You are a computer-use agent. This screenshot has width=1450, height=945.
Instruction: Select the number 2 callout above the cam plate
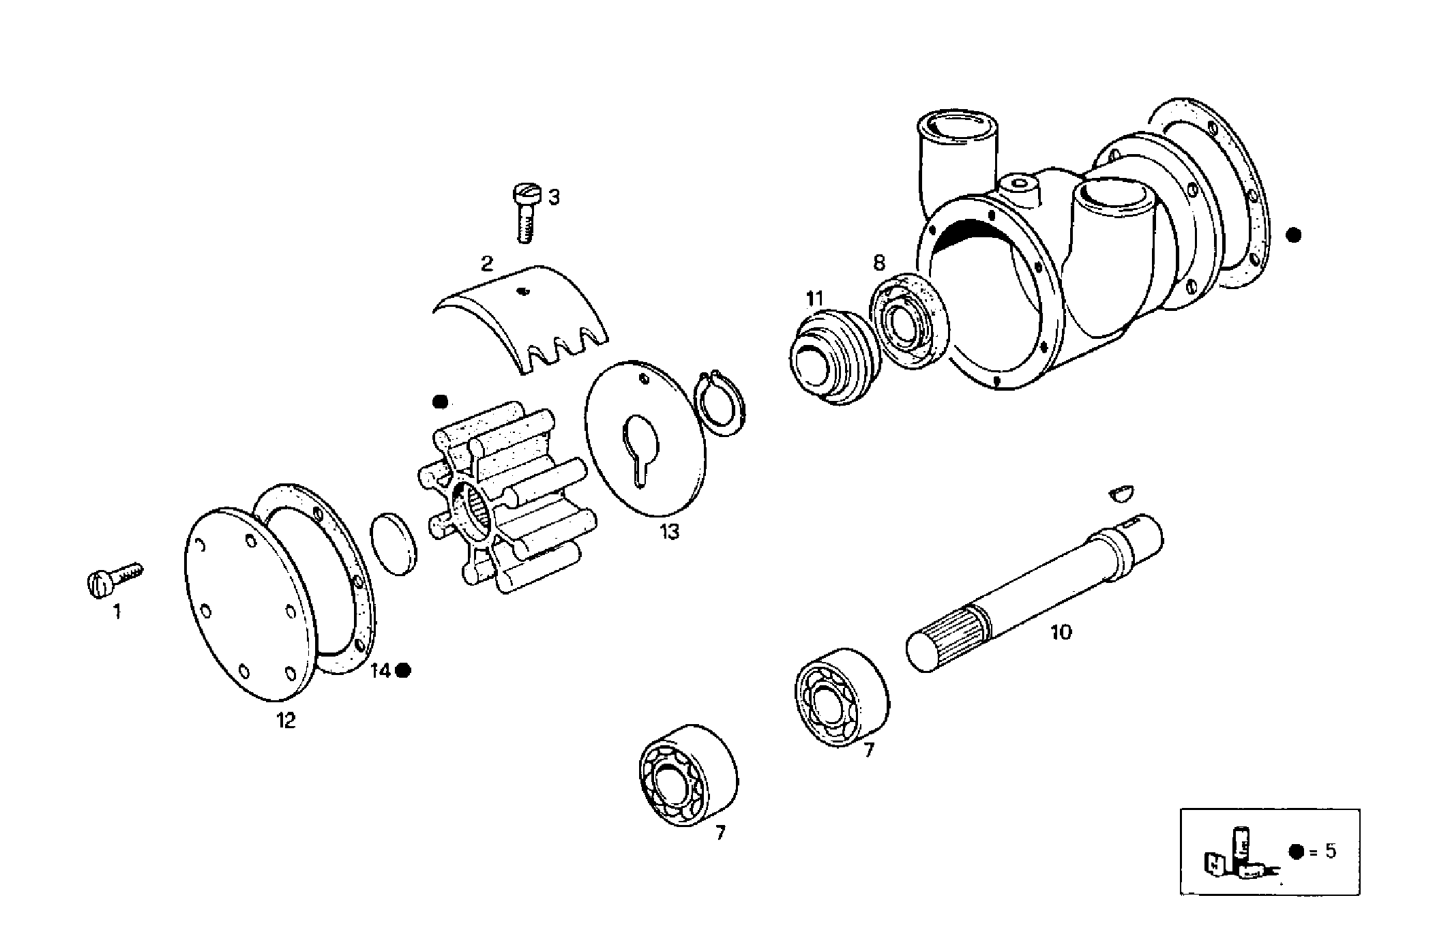(x=486, y=264)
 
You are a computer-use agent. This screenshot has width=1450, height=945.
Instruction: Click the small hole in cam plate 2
(x=523, y=292)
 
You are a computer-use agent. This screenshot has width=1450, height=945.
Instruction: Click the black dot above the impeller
(x=441, y=401)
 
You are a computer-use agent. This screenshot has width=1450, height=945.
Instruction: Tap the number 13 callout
(x=669, y=532)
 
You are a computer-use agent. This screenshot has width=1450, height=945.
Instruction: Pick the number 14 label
(x=380, y=671)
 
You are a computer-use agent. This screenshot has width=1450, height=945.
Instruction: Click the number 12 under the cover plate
(x=286, y=720)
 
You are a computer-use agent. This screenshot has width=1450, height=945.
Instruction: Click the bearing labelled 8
(x=908, y=320)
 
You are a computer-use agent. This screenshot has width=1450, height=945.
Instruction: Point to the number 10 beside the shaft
(x=1061, y=632)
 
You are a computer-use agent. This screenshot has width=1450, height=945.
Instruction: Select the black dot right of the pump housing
(x=1292, y=235)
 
